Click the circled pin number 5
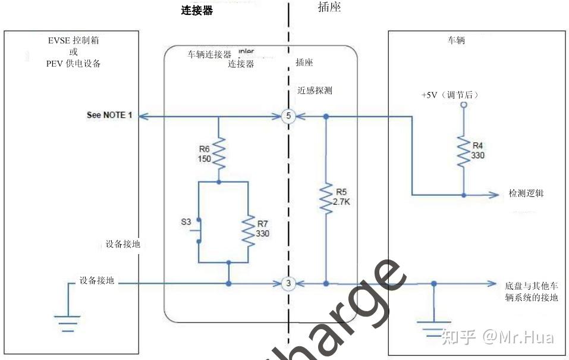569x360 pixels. click(288, 117)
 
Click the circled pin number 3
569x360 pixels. click(288, 283)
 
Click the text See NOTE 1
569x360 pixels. click(109, 115)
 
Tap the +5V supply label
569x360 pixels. click(449, 95)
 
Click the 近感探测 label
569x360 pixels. click(315, 91)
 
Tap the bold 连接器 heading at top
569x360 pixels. click(197, 10)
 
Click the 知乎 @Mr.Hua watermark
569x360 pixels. click(497, 337)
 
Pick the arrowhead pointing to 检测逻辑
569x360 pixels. click(494, 195)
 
